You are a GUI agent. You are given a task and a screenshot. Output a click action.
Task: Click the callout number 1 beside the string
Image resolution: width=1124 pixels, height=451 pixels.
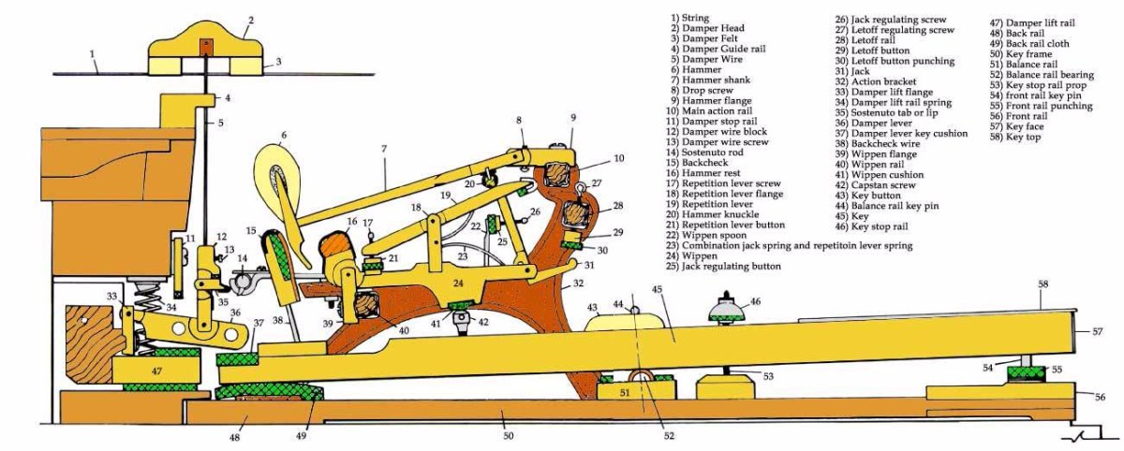(94, 54)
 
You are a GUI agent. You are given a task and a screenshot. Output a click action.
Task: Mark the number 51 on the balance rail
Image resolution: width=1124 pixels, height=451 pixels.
(625, 394)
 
